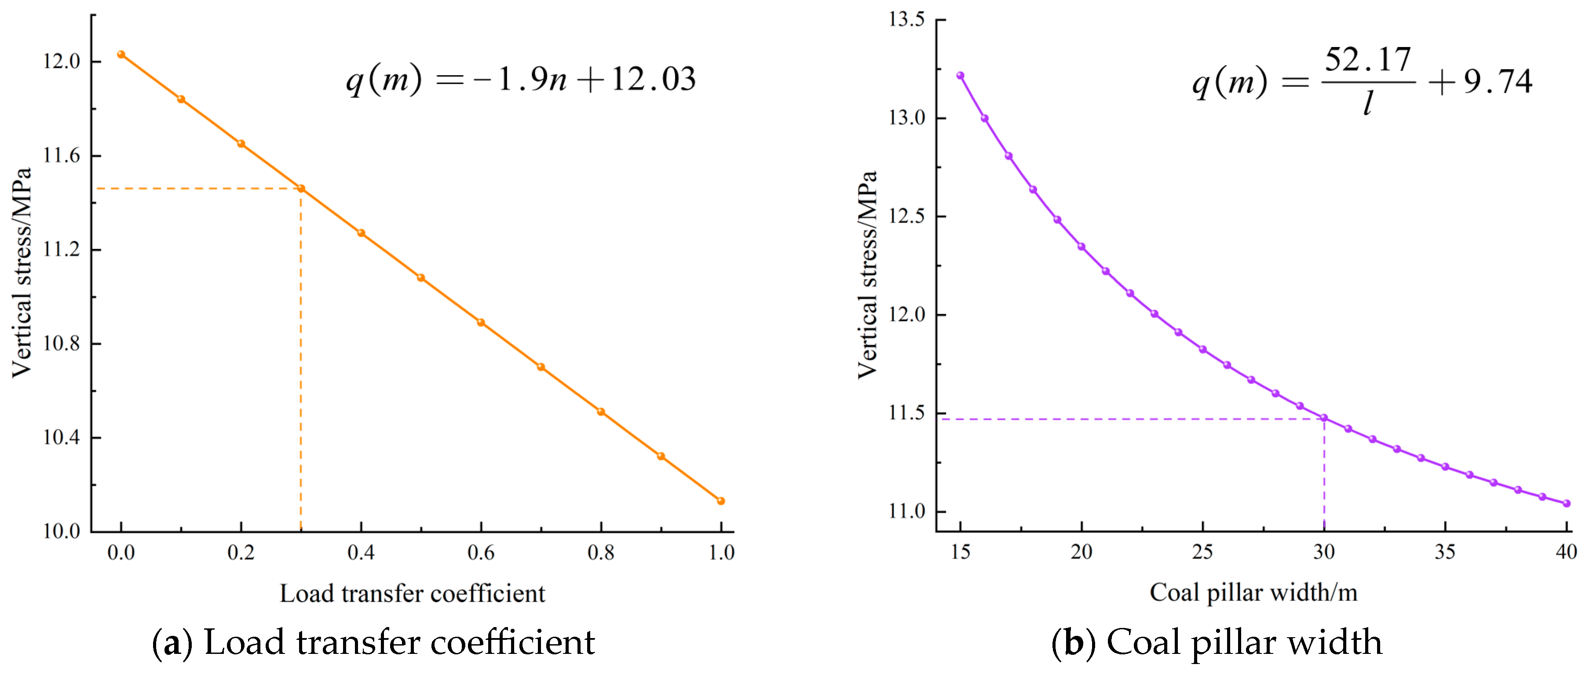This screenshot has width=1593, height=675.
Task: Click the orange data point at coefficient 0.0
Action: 121,55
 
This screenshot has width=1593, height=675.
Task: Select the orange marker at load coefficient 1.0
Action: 720,501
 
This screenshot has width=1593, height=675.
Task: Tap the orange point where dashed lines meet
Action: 301,189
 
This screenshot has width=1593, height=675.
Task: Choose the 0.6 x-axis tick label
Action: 481,552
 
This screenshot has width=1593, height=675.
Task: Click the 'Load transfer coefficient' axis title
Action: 413,593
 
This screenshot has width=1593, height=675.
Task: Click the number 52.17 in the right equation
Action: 1367,60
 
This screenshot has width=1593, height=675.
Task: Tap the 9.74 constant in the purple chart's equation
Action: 1498,82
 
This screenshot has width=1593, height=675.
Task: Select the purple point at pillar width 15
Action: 961,75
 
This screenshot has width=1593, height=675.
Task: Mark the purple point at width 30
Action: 1324,418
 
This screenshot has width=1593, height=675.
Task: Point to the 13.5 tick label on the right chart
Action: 906,20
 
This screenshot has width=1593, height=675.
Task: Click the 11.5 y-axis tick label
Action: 906,413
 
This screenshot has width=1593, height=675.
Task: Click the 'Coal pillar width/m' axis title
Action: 1253,592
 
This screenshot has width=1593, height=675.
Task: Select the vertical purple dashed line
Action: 1324,476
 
